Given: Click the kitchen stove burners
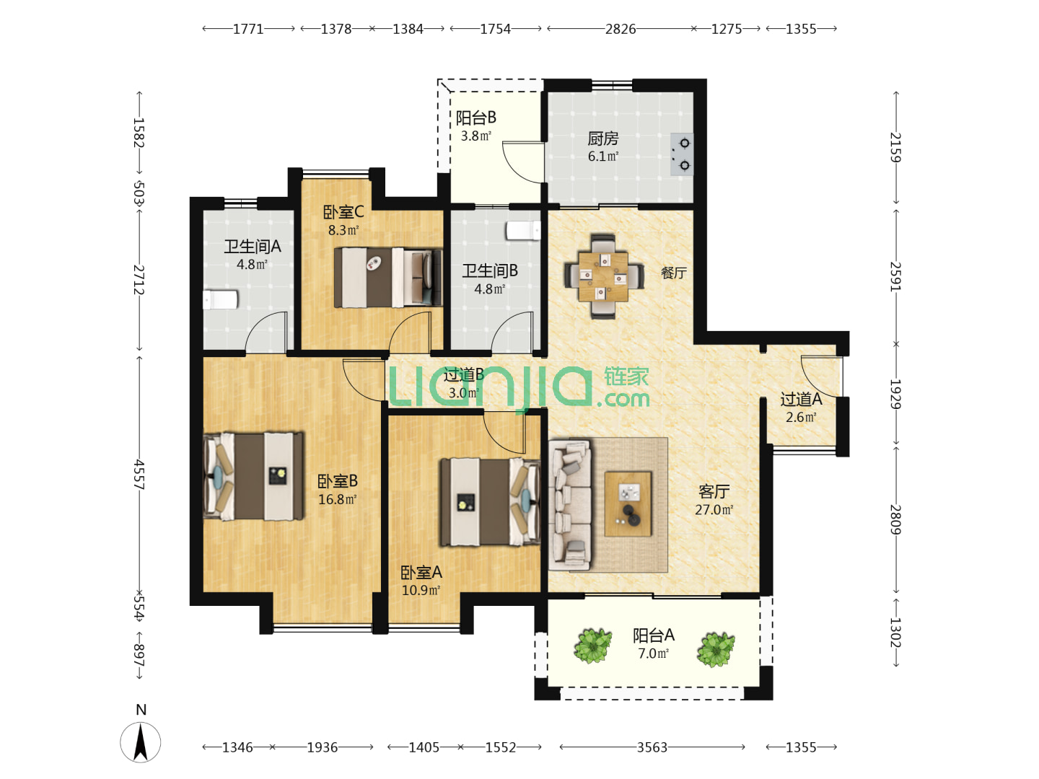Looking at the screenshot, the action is tap(682, 154).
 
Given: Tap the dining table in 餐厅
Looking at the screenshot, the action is tap(603, 276).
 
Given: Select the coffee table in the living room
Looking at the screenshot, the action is tap(628, 503).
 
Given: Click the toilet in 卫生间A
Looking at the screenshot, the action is tap(220, 299).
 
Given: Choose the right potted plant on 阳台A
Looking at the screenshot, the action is tap(716, 650).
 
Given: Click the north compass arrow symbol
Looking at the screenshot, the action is tap(141, 742).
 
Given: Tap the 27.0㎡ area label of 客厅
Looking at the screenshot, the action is tap(714, 510).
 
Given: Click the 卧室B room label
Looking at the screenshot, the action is tap(338, 482).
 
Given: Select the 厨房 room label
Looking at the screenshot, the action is tap(603, 138).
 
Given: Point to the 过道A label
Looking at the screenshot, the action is tap(801, 400).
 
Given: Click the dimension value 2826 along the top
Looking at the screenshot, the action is tap(620, 30).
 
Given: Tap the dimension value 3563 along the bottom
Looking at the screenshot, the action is tap(652, 747).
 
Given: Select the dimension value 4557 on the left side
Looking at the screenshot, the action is tap(139, 474).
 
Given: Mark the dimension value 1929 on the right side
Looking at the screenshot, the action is tap(895, 394).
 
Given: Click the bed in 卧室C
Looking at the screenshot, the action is tap(388, 278).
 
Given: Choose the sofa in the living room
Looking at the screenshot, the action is tap(570, 505).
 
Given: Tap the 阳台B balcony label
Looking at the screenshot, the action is tap(475, 118).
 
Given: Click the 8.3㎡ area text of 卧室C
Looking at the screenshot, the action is tap(343, 230).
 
